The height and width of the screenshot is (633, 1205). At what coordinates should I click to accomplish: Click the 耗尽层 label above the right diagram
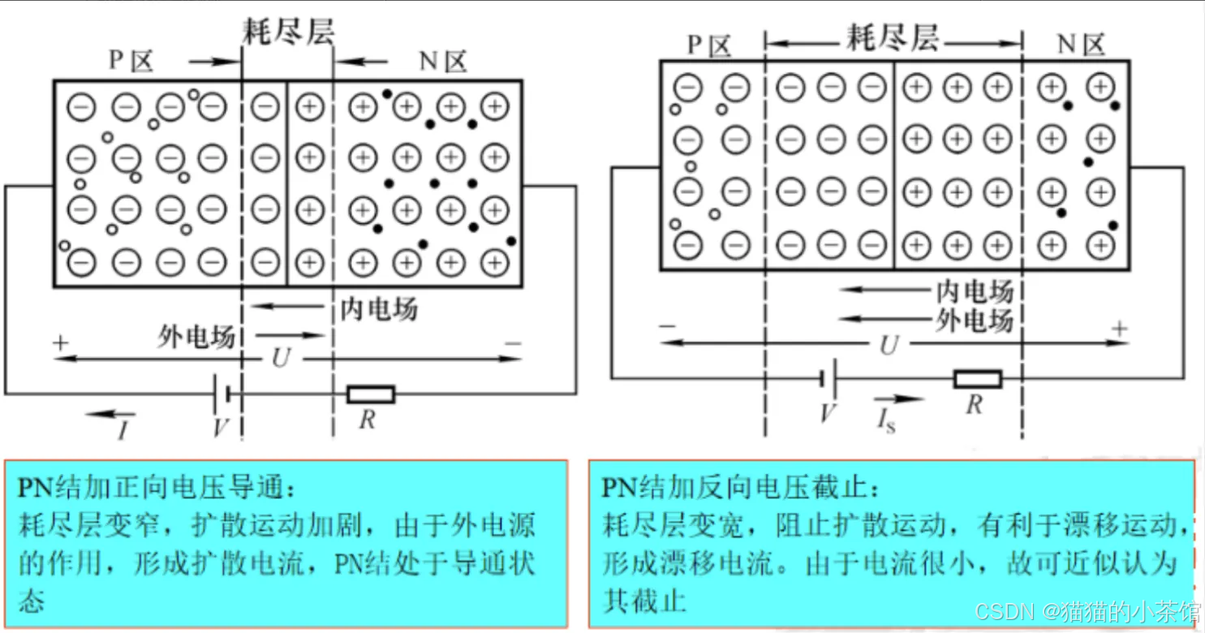coord(892,37)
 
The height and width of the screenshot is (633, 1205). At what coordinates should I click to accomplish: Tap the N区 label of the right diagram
coord(1082,44)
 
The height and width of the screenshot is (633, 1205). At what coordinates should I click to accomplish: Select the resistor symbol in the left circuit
coord(371,394)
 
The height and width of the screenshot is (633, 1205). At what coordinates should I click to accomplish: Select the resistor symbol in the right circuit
coord(977,379)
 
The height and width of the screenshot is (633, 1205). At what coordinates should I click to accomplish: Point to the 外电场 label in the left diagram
coord(196,337)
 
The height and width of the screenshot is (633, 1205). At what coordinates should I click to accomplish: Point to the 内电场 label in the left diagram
coord(378,308)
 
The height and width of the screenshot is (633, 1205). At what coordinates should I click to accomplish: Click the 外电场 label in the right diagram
coord(974,321)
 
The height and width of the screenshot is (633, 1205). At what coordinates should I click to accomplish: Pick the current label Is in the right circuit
coord(886,420)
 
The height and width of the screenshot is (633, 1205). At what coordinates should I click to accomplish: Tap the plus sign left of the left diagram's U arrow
coord(60,342)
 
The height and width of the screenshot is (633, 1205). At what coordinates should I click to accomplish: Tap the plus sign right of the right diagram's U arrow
coord(1120,329)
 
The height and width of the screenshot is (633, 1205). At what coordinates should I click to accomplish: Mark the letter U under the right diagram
coord(889,346)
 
